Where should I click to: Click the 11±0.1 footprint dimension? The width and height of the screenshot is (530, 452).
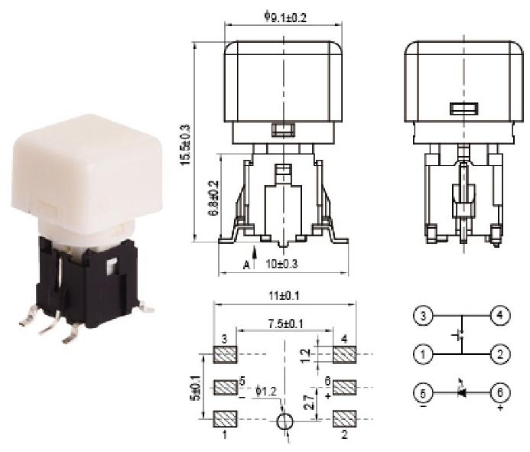tap(285, 294)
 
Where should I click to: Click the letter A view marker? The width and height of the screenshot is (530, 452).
tap(246, 265)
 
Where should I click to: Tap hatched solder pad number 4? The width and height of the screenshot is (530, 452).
tap(346, 355)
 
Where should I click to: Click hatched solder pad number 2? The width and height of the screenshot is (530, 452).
tap(346, 418)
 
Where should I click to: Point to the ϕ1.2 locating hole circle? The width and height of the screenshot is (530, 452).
tap(285, 421)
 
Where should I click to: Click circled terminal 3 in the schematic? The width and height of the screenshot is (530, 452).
tap(422, 315)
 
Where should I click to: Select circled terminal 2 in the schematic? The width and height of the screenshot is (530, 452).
tap(499, 354)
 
